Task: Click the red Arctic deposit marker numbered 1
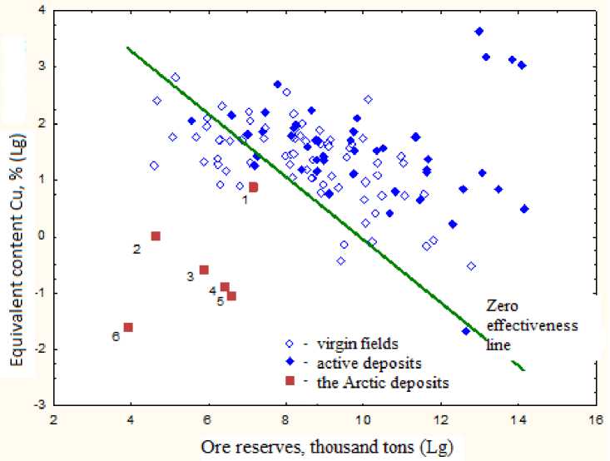[254, 187]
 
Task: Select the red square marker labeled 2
[156, 236]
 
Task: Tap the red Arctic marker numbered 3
[204, 270]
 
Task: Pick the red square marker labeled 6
[128, 327]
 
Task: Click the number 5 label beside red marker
[220, 301]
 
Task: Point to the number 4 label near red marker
[213, 290]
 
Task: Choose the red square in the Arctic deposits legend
[290, 381]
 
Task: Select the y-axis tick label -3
[38, 405]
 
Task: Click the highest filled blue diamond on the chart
[479, 32]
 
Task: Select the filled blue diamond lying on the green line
[466, 331]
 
